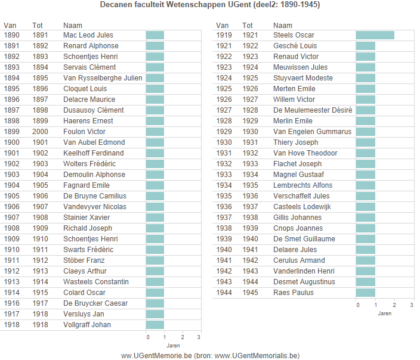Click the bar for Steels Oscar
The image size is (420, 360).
(x=375, y=35)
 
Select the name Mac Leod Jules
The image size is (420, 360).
(x=88, y=35)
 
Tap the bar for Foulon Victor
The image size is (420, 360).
(x=155, y=132)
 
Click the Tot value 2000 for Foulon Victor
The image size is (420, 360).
(x=41, y=132)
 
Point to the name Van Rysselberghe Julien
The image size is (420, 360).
(x=103, y=78)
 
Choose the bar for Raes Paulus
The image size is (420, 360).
(x=365, y=293)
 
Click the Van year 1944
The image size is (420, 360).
(x=224, y=293)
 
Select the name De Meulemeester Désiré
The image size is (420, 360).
(x=313, y=110)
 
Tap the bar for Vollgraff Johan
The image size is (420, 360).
(x=155, y=325)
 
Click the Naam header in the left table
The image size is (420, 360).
(x=72, y=26)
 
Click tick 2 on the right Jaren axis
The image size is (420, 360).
(x=394, y=305)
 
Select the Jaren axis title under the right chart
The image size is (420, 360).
(x=385, y=314)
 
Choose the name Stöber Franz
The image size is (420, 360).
(x=84, y=260)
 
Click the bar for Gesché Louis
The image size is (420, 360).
(x=365, y=46)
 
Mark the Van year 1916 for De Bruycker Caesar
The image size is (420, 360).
(x=11, y=303)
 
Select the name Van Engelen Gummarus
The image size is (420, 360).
(x=312, y=132)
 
